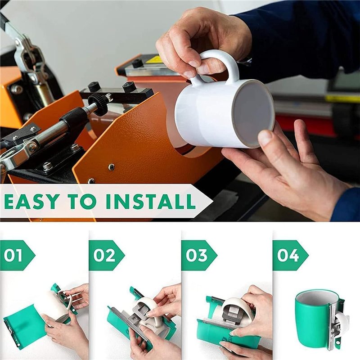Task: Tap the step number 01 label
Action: [13, 255]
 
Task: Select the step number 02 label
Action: [104, 255]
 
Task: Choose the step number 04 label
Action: [288, 255]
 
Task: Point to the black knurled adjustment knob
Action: [99, 104]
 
